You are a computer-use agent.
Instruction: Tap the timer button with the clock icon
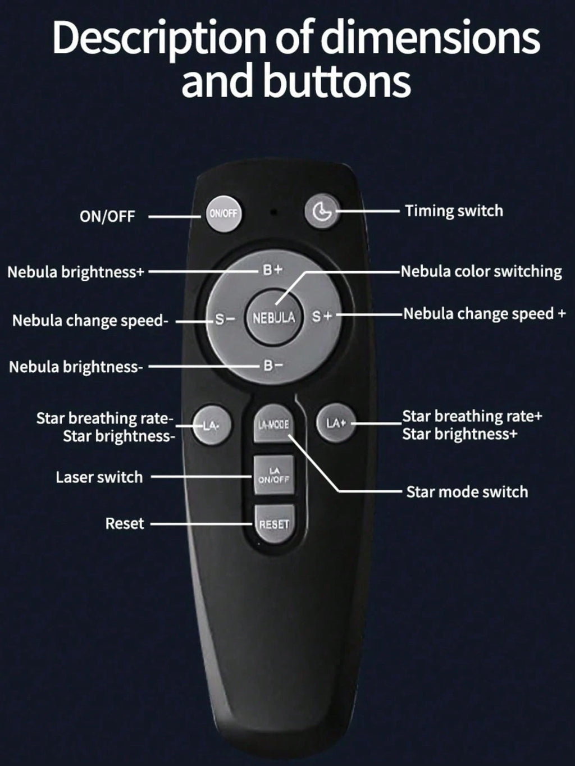(x=322, y=211)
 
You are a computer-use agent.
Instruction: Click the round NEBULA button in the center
(x=274, y=317)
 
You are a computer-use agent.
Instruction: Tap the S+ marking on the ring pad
(x=322, y=317)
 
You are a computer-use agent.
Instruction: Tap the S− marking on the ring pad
(x=225, y=319)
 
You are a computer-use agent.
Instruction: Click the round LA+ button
(x=336, y=423)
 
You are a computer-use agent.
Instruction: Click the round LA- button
(x=212, y=425)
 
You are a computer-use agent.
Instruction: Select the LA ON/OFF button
(x=274, y=475)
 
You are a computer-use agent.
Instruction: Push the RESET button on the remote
(x=274, y=524)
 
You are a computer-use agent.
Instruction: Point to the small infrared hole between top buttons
(x=274, y=212)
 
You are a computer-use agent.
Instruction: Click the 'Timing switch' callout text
(x=454, y=211)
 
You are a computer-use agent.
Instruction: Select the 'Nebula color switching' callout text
(x=481, y=271)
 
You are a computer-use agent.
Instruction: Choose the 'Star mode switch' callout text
(x=467, y=492)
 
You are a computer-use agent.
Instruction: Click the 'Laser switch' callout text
(x=99, y=477)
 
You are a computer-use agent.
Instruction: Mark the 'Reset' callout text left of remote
(x=125, y=523)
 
